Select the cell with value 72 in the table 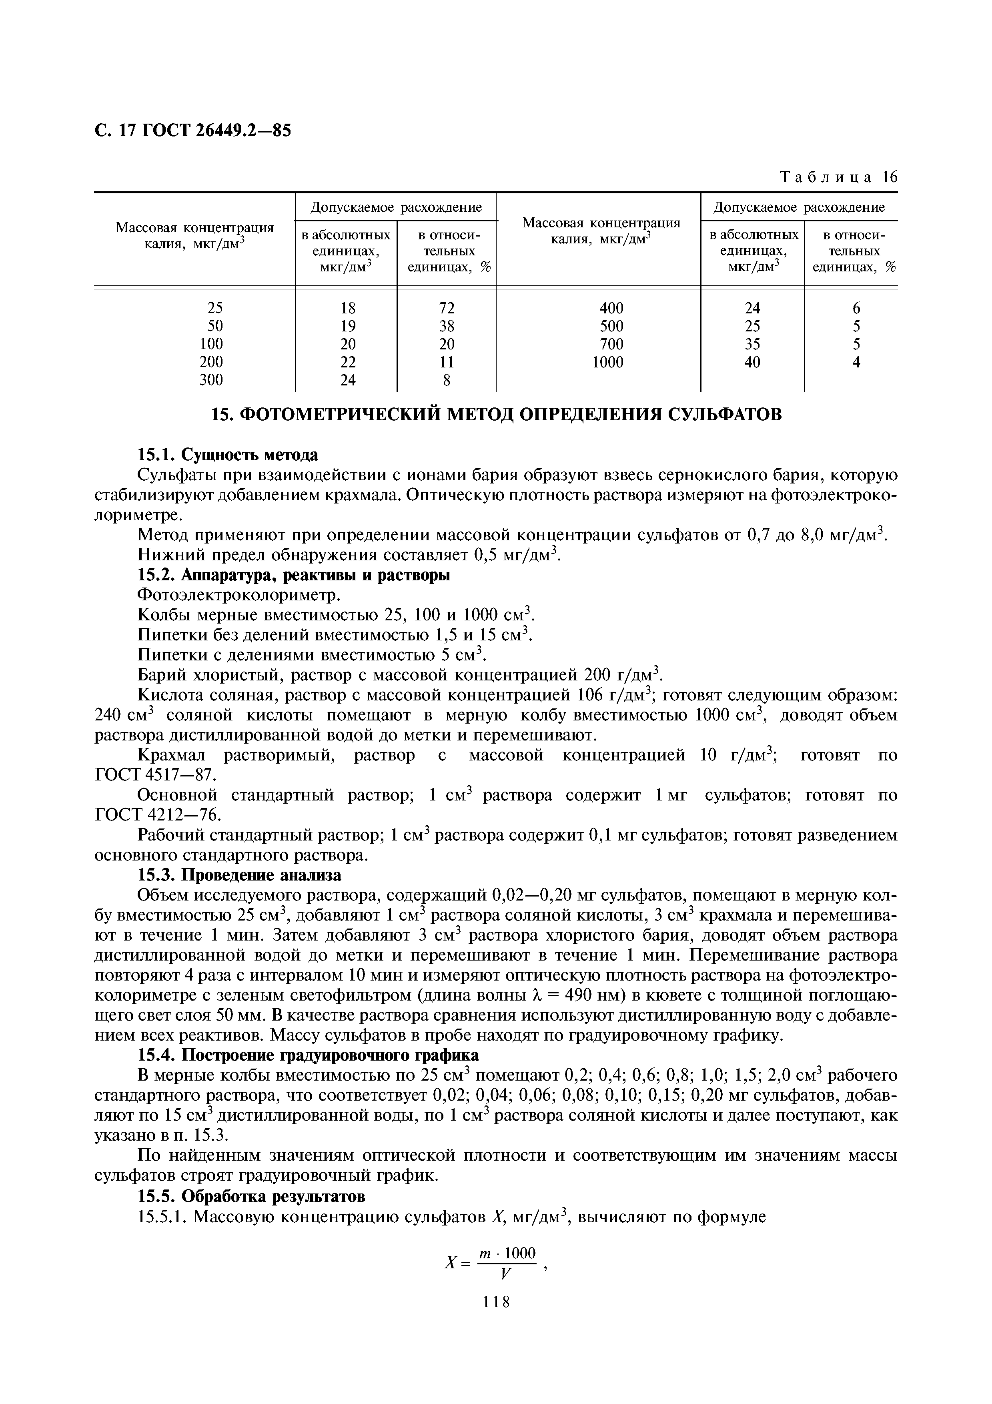[447, 308]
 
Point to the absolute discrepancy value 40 [752, 362]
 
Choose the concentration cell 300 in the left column [211, 380]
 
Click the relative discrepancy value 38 [447, 326]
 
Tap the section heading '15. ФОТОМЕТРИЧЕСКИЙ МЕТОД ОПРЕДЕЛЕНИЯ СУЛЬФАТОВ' [496, 415]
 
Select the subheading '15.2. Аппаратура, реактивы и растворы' [293, 576]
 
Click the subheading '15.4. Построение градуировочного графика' [308, 1055]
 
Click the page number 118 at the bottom [496, 1319]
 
